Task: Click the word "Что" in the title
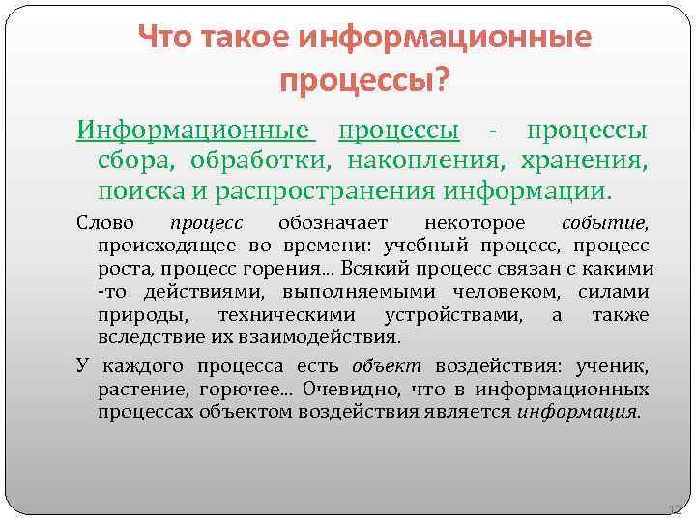pyautogui.click(x=164, y=38)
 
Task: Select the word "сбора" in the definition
pyautogui.click(x=129, y=158)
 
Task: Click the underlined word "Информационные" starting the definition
pyautogui.click(x=196, y=130)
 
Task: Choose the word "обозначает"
pyautogui.click(x=332, y=222)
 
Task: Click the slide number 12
pyautogui.click(x=675, y=509)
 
